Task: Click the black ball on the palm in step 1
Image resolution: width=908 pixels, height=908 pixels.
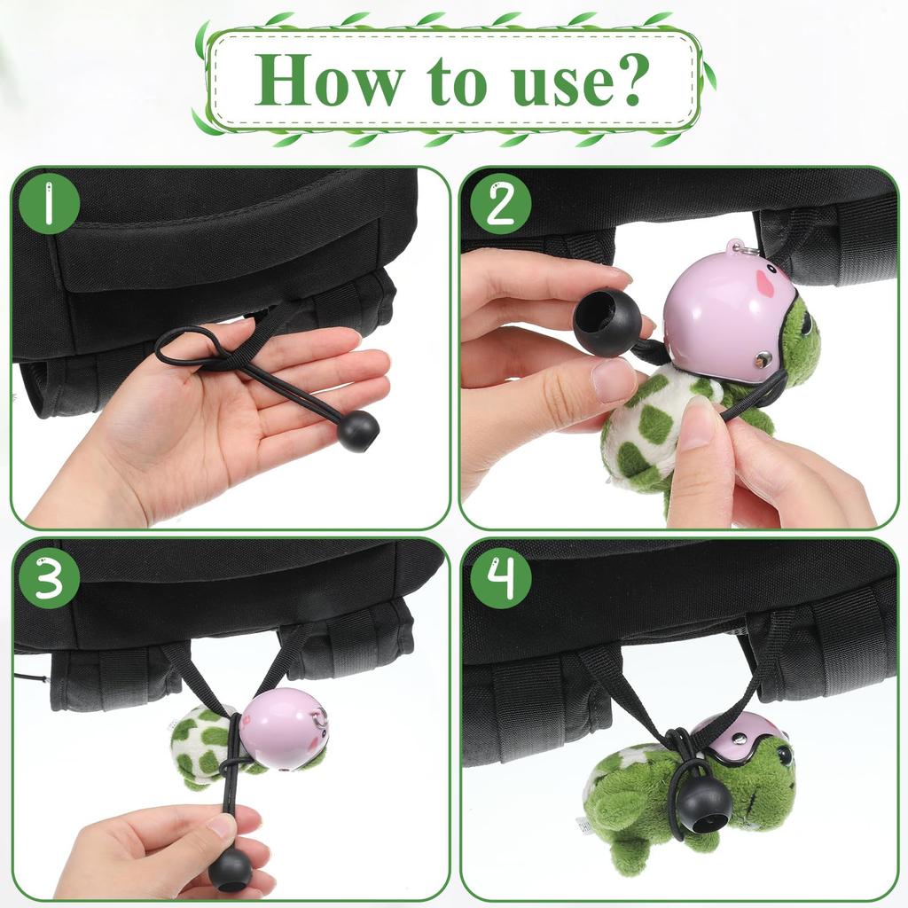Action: [358, 431]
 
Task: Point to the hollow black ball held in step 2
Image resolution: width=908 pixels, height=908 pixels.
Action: [607, 323]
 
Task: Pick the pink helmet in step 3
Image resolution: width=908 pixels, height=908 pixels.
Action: [284, 729]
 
